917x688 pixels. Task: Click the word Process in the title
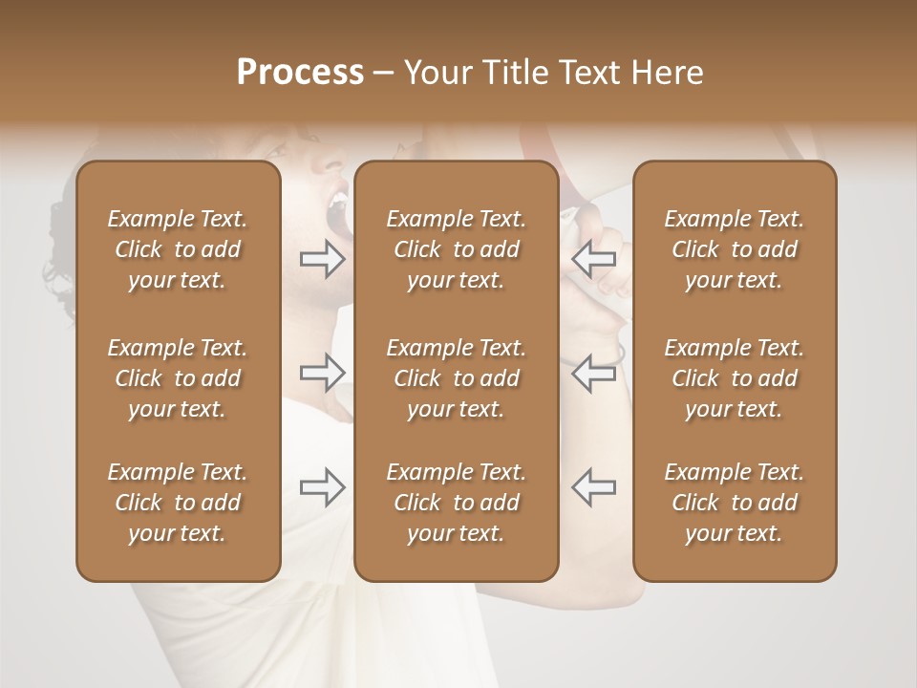[300, 73]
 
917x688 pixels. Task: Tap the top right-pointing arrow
[323, 258]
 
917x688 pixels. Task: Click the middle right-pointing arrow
[323, 373]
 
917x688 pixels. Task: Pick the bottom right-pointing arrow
[323, 487]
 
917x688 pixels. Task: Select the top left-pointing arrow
[593, 258]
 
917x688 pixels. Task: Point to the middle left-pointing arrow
[593, 373]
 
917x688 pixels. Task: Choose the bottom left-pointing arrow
[593, 487]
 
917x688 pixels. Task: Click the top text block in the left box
[178, 249]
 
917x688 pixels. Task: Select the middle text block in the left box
[178, 378]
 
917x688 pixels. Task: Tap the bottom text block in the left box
[178, 503]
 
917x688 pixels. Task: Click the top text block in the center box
[456, 249]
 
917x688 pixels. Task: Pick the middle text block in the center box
[456, 378]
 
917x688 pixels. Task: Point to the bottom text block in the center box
[456, 503]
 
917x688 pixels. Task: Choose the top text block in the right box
[734, 249]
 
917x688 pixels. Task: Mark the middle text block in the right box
[734, 378]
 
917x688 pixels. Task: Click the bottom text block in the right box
[734, 503]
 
